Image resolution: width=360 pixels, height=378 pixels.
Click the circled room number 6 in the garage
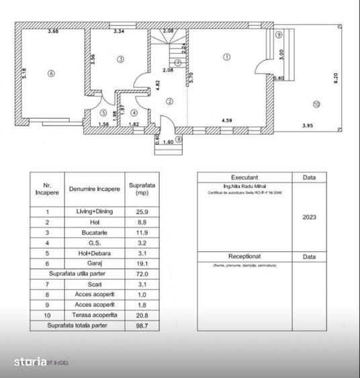tap(50, 73)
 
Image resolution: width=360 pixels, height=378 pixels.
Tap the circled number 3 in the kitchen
tap(120, 59)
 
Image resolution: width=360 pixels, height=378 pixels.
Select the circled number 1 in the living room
tap(227, 57)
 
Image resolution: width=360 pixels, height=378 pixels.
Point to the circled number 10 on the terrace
tap(316, 103)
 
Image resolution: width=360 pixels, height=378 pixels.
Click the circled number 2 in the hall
tap(170, 101)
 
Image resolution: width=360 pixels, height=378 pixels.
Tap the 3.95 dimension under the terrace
tap(308, 126)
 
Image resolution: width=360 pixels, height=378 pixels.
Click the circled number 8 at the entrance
tap(179, 139)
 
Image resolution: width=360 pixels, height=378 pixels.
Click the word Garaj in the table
tap(95, 265)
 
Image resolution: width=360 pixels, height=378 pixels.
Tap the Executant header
tap(244, 177)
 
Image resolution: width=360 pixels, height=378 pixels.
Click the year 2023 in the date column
tap(310, 218)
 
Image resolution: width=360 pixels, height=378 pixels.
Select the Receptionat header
tap(244, 256)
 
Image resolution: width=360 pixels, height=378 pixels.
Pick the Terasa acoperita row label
tap(95, 314)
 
